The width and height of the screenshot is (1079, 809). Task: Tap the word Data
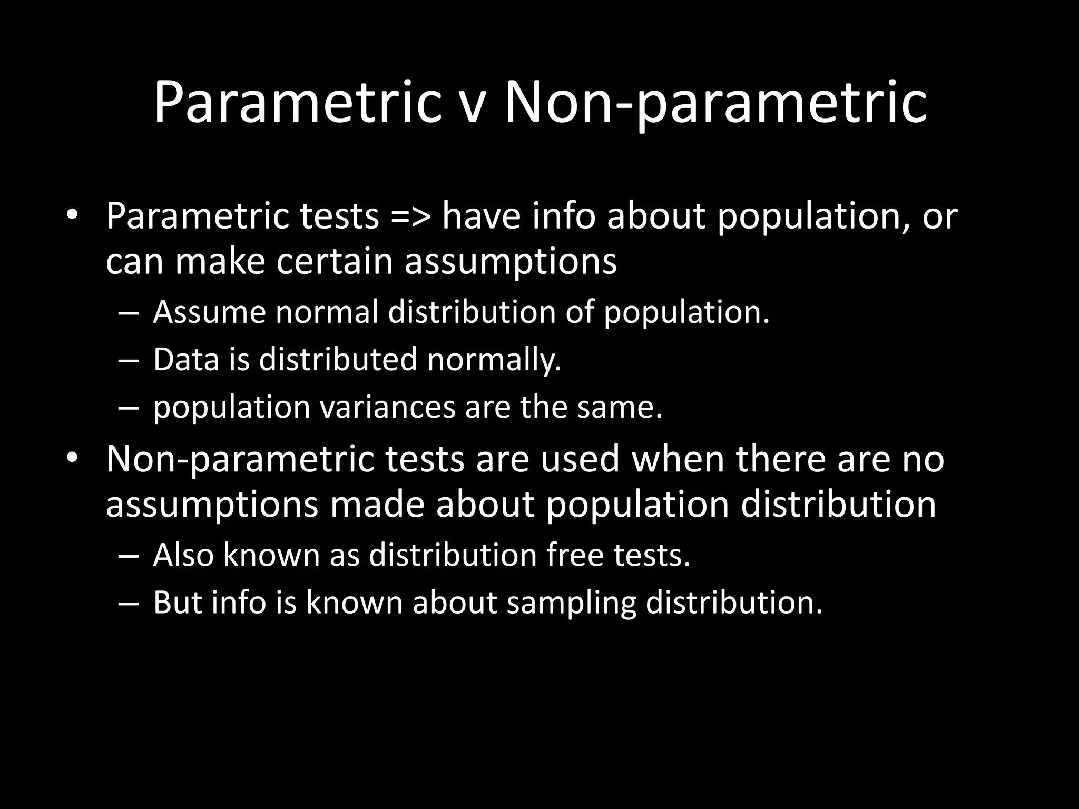pos(186,359)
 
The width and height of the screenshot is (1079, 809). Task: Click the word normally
pos(494,360)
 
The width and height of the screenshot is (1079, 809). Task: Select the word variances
pos(387,408)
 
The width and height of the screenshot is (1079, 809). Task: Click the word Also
pos(183,555)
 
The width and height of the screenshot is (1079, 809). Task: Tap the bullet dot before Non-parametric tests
pos(72,458)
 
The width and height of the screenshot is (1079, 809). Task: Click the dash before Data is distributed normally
pos(128,360)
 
